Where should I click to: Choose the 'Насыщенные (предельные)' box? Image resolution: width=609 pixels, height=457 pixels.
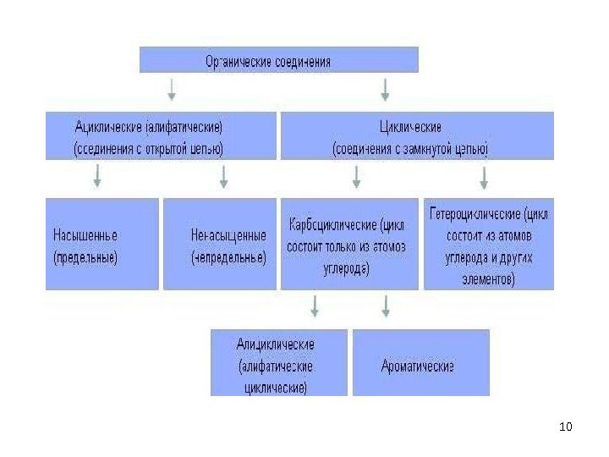pyautogui.click(x=101, y=245)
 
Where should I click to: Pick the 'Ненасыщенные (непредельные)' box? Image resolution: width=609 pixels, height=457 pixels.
pyautogui.click(x=220, y=245)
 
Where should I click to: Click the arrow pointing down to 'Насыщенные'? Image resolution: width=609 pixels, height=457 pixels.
pyautogui.click(x=98, y=176)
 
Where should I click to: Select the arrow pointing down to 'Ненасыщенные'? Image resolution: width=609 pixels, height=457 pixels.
pyautogui.click(x=224, y=176)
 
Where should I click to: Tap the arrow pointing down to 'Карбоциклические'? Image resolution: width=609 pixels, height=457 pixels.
pyautogui.click(x=356, y=176)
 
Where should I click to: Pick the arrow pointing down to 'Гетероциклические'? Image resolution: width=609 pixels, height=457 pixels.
pyautogui.click(x=484, y=176)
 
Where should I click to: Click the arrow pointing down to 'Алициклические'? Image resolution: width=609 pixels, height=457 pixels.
pyautogui.click(x=315, y=306)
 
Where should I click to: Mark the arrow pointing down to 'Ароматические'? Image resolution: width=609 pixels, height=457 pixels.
pyautogui.click(x=386, y=306)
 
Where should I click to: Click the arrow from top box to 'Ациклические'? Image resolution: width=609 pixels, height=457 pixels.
pyautogui.click(x=173, y=88)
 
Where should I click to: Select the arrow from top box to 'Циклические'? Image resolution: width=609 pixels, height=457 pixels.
pyautogui.click(x=386, y=88)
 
